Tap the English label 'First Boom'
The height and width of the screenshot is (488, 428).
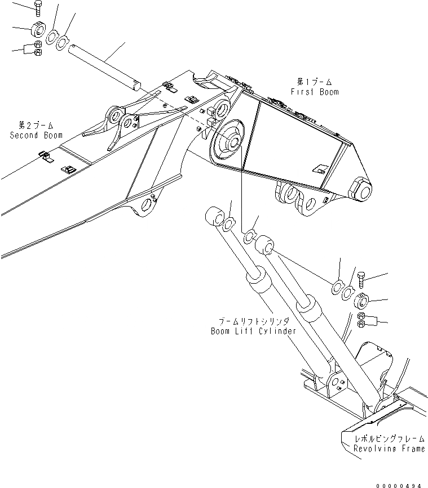[x=315, y=92]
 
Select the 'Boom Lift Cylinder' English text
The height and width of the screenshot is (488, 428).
[x=253, y=332]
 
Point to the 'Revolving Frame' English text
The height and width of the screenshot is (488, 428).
[x=390, y=449]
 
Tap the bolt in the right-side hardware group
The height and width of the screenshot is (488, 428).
[x=361, y=279]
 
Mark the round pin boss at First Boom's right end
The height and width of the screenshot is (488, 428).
[x=359, y=191]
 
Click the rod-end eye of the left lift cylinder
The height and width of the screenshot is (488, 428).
[x=214, y=217]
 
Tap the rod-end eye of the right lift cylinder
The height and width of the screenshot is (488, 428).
[x=264, y=247]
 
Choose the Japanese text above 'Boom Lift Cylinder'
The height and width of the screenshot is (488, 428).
[x=253, y=322]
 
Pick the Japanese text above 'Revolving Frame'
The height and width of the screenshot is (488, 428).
[x=389, y=438]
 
